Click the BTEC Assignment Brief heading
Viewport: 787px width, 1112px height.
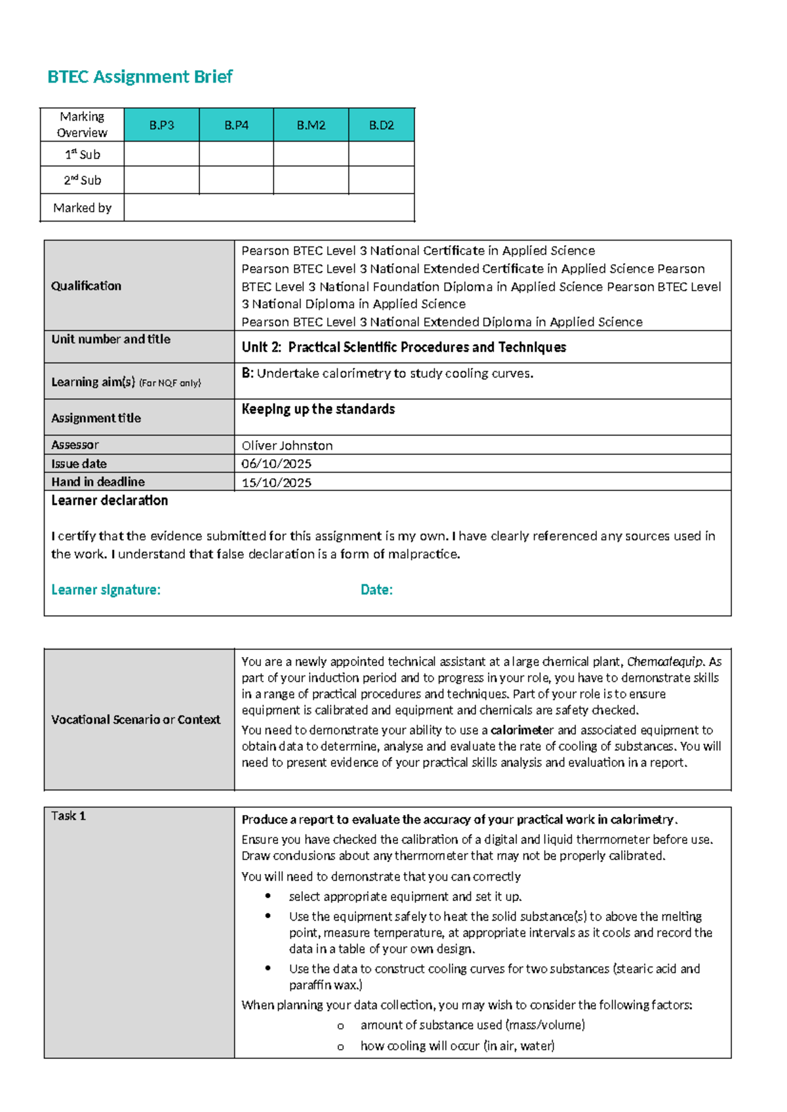click(x=140, y=77)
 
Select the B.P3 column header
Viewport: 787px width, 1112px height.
click(x=161, y=125)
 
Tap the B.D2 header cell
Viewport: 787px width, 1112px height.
click(x=381, y=125)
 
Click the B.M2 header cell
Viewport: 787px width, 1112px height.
click(x=311, y=125)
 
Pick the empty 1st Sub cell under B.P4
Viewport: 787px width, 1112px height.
click(x=236, y=154)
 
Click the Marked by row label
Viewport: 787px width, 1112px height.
click(x=82, y=208)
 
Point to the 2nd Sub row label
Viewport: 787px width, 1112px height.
click(x=82, y=180)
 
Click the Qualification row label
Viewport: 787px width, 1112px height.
click(x=86, y=286)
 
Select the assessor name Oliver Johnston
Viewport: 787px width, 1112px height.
click(x=287, y=446)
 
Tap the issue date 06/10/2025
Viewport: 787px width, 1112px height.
click(x=276, y=464)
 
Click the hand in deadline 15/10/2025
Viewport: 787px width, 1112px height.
click(x=276, y=483)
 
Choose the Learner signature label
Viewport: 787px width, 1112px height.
click(x=106, y=589)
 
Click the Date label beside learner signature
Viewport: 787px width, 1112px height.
click(x=376, y=589)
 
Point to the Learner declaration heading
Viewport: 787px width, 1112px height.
click(x=110, y=500)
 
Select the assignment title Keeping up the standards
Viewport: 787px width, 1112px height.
click(x=318, y=409)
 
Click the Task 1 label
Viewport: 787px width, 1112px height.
click(x=68, y=816)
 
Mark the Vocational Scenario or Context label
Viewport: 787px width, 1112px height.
click(x=136, y=719)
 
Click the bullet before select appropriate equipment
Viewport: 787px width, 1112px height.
click(x=268, y=896)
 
